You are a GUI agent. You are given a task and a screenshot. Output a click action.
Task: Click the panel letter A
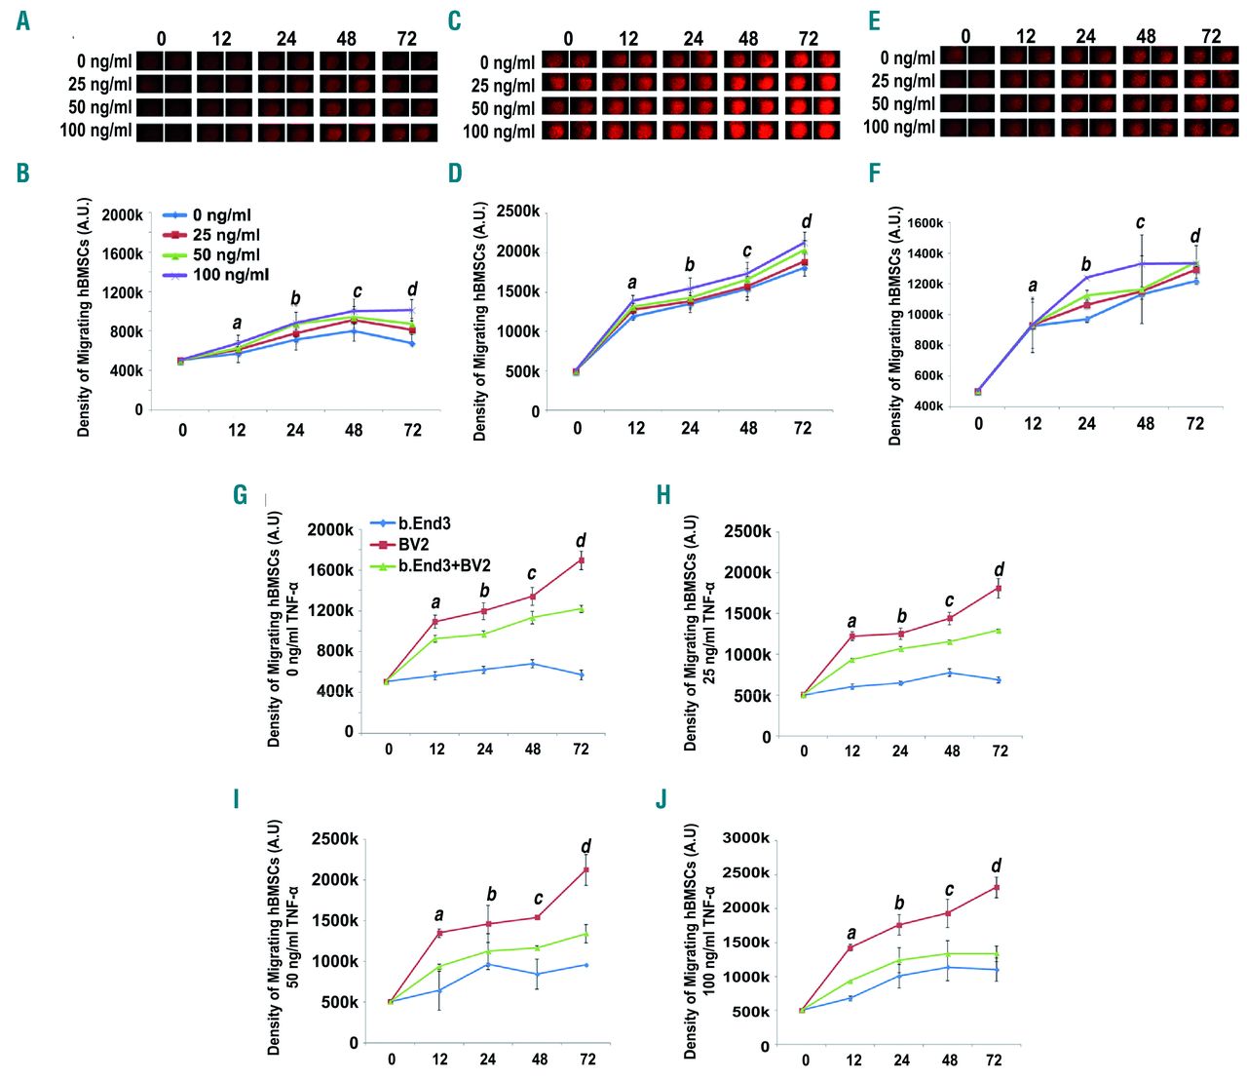22,20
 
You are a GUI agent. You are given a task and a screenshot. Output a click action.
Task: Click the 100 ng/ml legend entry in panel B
230,275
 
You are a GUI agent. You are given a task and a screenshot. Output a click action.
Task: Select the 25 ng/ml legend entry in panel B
225,235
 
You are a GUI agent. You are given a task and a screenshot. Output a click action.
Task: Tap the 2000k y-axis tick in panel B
122,214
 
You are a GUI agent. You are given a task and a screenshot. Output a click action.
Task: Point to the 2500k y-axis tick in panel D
517,212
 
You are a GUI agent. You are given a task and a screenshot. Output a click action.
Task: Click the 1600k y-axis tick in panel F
925,223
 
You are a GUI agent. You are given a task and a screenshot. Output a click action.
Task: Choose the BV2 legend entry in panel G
413,545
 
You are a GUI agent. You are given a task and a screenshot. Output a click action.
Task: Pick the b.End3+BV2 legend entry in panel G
443,565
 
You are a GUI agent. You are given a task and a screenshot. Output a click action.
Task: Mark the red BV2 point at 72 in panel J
996,887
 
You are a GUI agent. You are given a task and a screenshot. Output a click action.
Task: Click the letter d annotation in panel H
999,569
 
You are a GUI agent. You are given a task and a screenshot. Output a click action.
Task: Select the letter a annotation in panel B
237,323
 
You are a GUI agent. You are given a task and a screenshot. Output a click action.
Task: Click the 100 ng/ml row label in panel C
498,132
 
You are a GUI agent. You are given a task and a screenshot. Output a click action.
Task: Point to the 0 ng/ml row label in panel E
907,58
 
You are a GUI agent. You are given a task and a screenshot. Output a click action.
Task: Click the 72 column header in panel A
406,39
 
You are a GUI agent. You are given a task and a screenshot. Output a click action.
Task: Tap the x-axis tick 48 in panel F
1146,423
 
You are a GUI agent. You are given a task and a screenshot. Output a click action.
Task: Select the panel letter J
661,799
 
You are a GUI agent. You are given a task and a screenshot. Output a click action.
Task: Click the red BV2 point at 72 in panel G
582,560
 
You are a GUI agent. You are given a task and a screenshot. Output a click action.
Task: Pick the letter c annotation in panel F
1140,222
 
